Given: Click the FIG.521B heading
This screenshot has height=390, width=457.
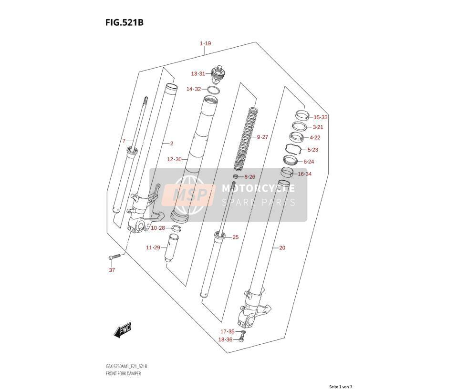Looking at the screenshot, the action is (x=125, y=22).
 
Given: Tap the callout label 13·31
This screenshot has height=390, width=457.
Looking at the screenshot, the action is (x=198, y=74).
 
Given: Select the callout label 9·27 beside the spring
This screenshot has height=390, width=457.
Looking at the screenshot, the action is (x=262, y=137).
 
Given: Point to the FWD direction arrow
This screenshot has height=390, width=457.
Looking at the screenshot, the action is (x=123, y=330).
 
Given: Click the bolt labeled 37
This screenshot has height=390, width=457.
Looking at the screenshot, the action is (x=114, y=257).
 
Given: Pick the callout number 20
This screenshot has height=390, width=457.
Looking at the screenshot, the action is (x=282, y=248).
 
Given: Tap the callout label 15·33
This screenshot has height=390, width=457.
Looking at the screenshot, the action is (x=321, y=117).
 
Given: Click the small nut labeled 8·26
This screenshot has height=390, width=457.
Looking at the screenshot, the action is (x=236, y=176).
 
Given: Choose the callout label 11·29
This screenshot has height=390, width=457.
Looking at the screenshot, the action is (x=153, y=247).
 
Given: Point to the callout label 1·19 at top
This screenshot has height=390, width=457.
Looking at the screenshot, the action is (x=205, y=43).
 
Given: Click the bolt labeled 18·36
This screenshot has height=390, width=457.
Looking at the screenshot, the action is (x=241, y=339).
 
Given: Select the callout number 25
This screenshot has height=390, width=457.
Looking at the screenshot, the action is (x=236, y=237).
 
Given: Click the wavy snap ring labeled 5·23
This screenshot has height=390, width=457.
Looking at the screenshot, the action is (x=293, y=149).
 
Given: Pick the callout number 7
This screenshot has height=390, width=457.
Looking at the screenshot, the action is (x=124, y=141).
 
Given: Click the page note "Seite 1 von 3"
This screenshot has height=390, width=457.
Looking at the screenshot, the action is (x=341, y=387).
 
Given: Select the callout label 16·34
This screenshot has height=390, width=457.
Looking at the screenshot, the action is (x=304, y=174).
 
